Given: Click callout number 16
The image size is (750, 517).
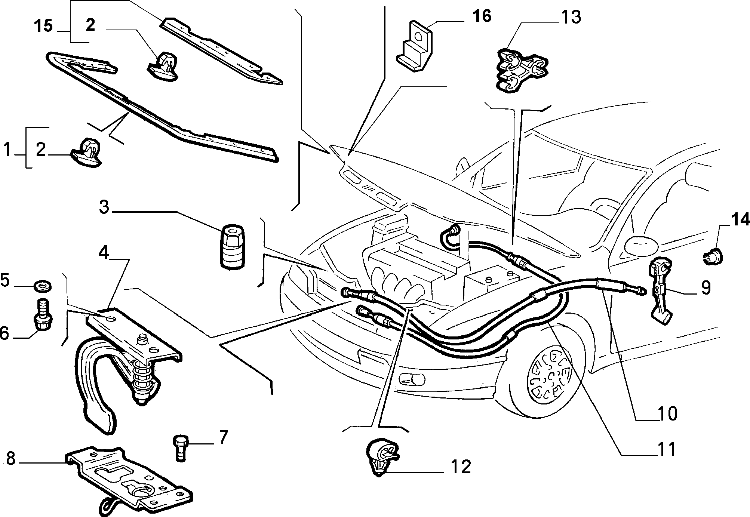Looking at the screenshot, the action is pyautogui.click(x=482, y=16).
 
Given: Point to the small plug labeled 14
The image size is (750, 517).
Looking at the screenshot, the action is pyautogui.click(x=712, y=256).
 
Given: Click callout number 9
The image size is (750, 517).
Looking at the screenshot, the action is pyautogui.click(x=706, y=288).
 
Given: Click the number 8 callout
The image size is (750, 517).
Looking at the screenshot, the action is pyautogui.click(x=10, y=459).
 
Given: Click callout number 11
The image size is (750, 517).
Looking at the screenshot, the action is pyautogui.click(x=667, y=449).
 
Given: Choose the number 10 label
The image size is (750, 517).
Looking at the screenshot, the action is pyautogui.click(x=667, y=414).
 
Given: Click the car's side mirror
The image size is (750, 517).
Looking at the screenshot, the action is pyautogui.click(x=642, y=245).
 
